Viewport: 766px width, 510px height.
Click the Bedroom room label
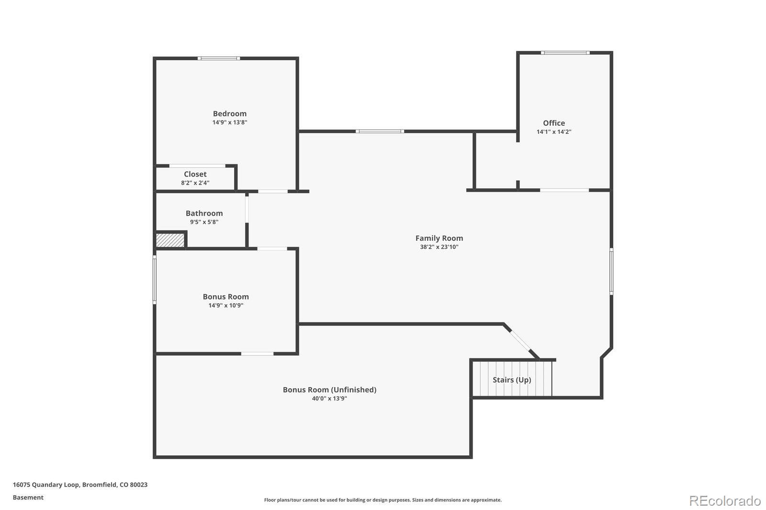[229, 114]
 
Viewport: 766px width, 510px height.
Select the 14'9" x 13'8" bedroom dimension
[229, 122]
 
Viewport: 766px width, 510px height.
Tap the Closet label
[195, 174]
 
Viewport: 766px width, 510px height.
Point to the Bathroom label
[204, 213]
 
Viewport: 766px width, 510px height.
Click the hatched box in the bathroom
[170, 240]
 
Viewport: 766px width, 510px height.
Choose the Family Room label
[439, 238]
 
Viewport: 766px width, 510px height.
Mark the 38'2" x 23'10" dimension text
[439, 247]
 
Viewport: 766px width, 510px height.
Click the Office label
[553, 123]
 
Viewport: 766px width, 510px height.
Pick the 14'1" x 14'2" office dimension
[553, 132]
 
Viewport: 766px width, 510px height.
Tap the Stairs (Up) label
[512, 380]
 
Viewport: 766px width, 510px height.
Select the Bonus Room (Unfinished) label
[329, 390]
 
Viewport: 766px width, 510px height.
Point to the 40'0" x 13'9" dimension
[329, 398]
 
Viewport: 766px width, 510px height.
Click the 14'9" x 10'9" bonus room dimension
[225, 305]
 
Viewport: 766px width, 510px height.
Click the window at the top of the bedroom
[219, 58]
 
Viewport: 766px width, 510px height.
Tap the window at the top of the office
[565, 53]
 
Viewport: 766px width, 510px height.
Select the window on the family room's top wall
[380, 131]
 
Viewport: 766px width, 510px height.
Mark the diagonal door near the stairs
[520, 341]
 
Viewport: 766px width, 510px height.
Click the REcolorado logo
[725, 501]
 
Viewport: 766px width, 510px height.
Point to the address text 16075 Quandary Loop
[46, 485]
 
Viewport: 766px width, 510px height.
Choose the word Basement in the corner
[28, 498]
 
